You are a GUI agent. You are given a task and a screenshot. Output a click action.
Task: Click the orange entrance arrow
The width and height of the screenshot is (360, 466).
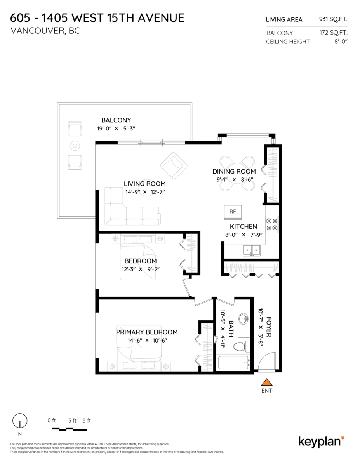click(266, 383)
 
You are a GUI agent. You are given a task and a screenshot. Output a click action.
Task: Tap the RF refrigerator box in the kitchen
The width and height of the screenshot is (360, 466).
click(233, 212)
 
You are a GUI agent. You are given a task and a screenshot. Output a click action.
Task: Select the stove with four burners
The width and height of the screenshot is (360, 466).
click(272, 224)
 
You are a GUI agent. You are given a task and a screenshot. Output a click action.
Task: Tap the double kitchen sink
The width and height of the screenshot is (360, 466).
click(252, 250)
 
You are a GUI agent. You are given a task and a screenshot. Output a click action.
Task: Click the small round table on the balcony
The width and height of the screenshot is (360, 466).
click(75, 146)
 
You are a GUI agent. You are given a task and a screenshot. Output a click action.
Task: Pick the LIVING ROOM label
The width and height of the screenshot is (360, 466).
click(144, 184)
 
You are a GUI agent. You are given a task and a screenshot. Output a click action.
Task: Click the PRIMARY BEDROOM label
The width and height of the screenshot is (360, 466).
click(147, 332)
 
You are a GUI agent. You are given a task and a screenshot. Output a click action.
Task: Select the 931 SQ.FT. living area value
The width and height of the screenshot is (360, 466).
click(333, 19)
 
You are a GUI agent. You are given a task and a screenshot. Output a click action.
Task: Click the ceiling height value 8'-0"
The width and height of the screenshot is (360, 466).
click(341, 42)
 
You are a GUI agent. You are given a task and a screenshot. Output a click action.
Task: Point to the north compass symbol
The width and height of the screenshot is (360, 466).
click(20, 421)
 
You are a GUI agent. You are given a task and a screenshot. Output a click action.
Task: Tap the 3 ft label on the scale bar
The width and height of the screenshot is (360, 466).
click(72, 420)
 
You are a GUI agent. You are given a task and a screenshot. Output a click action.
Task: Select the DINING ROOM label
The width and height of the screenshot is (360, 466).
click(234, 171)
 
